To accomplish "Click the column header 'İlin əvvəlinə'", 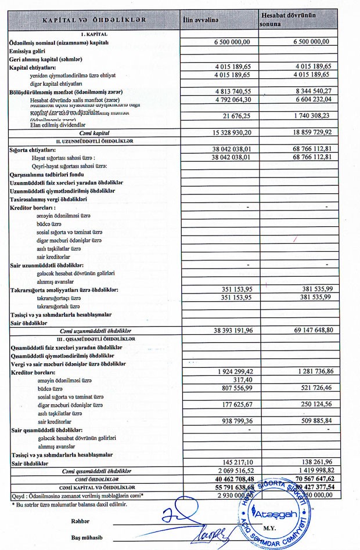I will point(200,20).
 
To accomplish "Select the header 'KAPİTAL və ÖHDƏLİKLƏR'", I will point(93,20).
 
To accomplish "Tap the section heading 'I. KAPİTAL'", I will point(93,34).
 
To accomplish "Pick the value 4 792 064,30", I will point(233,99).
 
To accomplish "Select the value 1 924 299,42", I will point(233,371).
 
